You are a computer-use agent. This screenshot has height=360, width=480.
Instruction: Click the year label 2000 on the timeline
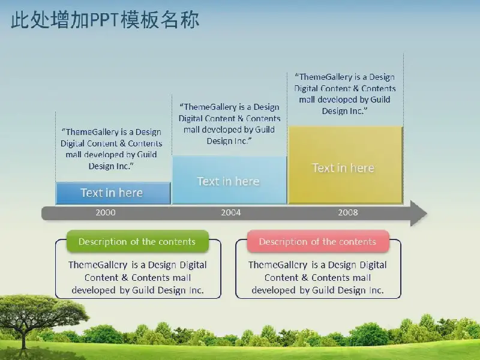[106, 212]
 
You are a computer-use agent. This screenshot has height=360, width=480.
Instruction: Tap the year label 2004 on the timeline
[231, 212]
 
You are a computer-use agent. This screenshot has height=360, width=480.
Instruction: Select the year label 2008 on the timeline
[348, 212]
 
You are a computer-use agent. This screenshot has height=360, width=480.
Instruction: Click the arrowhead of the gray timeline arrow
[419, 214]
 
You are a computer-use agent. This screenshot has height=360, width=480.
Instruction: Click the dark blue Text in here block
[113, 193]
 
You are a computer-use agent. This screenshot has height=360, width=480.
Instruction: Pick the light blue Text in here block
[230, 180]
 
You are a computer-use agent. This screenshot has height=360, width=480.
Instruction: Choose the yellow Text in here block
[346, 165]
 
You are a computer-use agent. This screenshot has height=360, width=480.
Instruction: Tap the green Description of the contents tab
[137, 242]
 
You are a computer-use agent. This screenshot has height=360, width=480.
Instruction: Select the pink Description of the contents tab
[318, 242]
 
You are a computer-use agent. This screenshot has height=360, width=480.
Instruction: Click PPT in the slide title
[104, 20]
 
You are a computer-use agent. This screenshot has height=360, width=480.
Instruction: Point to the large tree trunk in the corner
[24, 338]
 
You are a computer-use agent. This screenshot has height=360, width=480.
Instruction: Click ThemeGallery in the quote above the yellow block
[327, 77]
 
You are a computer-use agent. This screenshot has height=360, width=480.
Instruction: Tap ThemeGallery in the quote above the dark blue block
[92, 132]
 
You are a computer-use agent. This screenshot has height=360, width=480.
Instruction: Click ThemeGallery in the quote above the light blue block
[211, 107]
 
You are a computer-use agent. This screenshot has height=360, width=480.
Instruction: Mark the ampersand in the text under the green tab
[125, 278]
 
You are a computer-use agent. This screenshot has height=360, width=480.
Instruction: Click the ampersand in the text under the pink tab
[305, 278]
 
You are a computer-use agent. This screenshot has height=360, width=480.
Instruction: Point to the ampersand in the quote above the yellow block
[355, 88]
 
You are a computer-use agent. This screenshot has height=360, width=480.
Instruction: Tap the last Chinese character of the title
[190, 20]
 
